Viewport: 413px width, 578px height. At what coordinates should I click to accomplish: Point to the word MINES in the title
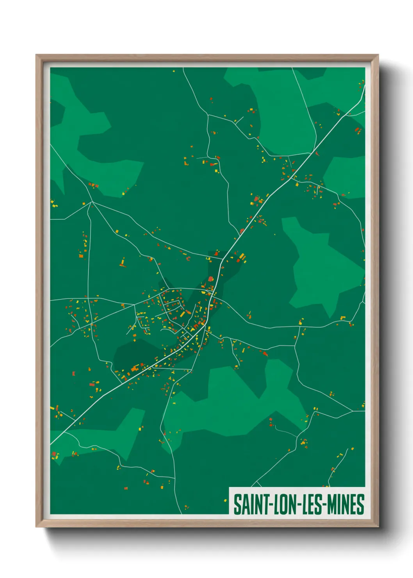(345, 505)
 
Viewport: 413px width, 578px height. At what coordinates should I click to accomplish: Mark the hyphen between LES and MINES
(324, 505)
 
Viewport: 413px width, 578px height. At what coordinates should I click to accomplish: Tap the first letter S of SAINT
(237, 505)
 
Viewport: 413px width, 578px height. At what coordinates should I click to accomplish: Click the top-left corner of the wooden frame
(37, 55)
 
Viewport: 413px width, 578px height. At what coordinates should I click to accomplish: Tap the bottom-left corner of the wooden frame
(37, 526)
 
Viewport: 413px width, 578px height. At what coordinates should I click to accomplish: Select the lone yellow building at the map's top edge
(174, 71)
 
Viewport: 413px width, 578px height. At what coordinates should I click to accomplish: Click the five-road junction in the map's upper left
(92, 202)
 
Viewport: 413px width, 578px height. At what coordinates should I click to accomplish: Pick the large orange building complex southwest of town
(135, 368)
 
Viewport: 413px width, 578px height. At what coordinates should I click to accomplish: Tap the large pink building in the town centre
(211, 279)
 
